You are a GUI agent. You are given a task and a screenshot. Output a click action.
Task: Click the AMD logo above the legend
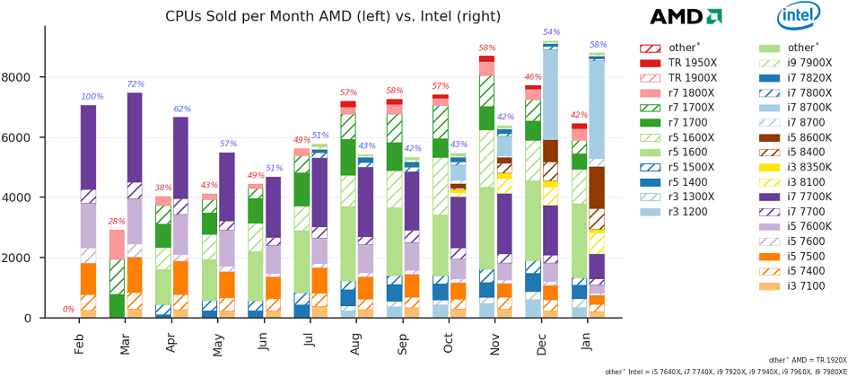click(686, 16)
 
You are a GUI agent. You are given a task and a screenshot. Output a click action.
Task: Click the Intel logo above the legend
click(799, 16)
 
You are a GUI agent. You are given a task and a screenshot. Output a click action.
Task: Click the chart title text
click(333, 16)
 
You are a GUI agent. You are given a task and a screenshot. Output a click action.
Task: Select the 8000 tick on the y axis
click(20, 77)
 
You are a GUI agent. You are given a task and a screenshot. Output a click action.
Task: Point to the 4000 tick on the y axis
click(20, 197)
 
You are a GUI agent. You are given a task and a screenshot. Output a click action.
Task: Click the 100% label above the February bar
click(92, 97)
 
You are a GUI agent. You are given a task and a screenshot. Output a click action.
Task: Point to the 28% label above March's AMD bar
click(117, 222)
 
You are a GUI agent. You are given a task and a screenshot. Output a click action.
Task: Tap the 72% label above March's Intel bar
click(136, 84)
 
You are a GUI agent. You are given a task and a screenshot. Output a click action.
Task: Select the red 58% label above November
click(486, 48)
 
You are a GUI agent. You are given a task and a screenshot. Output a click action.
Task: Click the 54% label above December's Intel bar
click(551, 32)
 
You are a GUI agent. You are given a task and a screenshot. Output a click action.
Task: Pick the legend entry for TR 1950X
click(684, 63)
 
